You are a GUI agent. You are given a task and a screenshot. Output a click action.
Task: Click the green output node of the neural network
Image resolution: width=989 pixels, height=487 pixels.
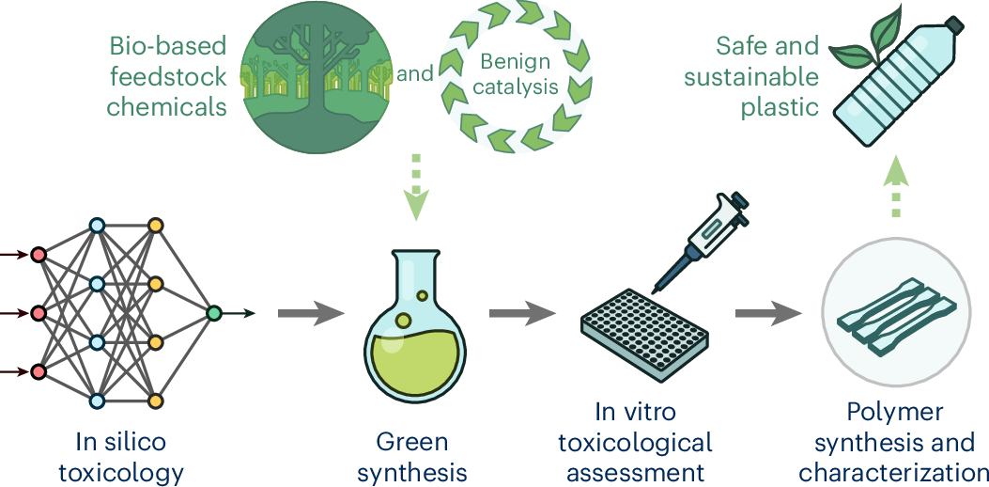click(x=213, y=313)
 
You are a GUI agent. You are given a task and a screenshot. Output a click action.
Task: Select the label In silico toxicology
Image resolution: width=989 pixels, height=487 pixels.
click(x=121, y=455)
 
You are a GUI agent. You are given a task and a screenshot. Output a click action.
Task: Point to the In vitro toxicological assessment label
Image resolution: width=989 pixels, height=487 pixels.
click(x=647, y=441)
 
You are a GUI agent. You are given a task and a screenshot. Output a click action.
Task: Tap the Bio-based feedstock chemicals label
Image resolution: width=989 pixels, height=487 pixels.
click(x=167, y=75)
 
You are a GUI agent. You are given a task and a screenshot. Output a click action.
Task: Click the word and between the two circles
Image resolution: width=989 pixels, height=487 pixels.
click(x=414, y=73)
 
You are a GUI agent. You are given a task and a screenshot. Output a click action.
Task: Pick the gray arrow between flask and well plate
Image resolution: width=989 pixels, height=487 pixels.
click(x=520, y=312)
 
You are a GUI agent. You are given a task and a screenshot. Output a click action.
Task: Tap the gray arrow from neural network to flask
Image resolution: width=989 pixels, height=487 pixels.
click(x=309, y=312)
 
